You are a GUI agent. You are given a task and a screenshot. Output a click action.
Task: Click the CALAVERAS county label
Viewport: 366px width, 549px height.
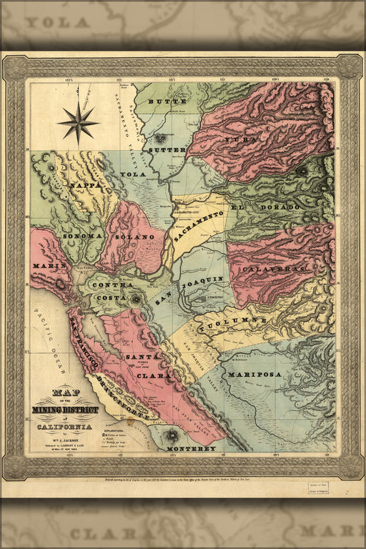(x=274, y=269)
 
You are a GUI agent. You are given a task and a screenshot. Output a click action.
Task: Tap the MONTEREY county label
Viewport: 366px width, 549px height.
(x=191, y=448)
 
